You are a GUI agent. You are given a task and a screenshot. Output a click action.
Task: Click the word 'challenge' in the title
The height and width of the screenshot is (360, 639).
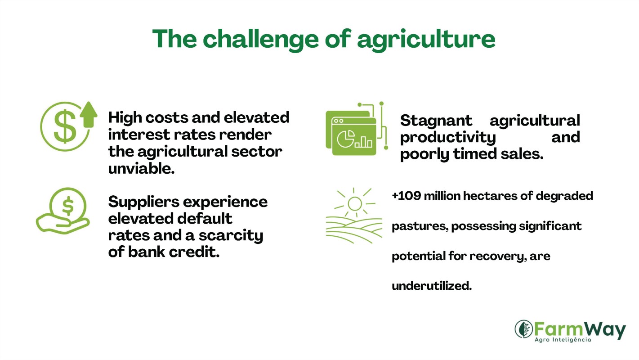coord(261,40)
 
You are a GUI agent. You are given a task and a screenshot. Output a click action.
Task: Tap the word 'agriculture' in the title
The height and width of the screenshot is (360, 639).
coord(426,40)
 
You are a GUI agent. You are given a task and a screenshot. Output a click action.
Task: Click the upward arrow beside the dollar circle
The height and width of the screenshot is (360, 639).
coord(89,114)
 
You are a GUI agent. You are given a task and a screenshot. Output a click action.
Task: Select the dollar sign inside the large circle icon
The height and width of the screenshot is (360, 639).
coord(65,126)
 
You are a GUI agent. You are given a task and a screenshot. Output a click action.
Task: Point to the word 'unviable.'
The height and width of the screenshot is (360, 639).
coord(141,168)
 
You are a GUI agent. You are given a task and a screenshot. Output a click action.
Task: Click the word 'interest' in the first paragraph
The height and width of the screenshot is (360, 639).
coord(139,135)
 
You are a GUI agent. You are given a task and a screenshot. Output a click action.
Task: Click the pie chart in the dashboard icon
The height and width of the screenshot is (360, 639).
coord(346,139)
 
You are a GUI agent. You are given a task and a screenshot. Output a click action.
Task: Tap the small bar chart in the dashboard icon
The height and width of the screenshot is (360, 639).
coord(363,142)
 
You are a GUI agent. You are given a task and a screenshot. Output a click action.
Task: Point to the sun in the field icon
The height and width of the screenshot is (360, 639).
coord(355,203)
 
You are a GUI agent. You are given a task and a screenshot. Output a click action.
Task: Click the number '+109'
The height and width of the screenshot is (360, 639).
coord(406,196)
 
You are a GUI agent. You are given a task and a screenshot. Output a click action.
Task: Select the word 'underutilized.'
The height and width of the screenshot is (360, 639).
coord(432,286)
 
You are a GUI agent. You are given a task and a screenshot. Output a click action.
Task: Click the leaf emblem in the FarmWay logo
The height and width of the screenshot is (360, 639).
coord(524,329)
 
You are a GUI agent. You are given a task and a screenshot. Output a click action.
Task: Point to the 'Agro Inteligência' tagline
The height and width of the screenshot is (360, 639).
coord(563,340)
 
